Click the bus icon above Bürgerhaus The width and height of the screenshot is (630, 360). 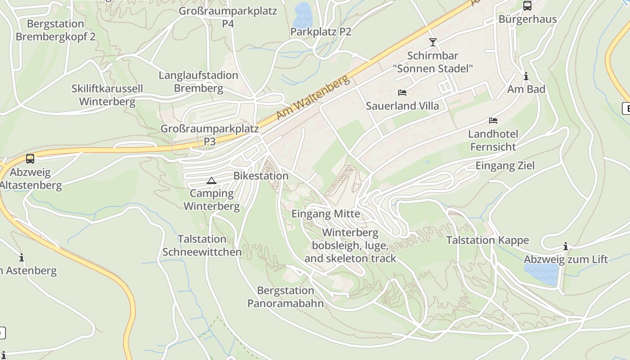527,6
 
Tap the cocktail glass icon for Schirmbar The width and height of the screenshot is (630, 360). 432,42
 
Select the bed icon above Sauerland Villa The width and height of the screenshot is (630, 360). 402,93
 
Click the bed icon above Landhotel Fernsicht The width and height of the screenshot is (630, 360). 493,121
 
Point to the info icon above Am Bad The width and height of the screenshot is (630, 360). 526,76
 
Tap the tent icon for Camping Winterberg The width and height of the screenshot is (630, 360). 211,181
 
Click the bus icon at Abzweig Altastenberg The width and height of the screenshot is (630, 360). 30,159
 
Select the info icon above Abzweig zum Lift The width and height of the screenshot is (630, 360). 566,246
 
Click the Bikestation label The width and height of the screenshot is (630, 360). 261,176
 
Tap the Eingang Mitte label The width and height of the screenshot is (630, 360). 326,214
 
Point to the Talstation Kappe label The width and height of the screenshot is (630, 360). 487,240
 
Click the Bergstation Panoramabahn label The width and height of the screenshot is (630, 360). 285,297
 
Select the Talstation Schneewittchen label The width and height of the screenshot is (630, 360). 202,245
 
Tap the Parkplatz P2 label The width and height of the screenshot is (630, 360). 320,32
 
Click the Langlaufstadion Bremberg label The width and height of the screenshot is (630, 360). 198,81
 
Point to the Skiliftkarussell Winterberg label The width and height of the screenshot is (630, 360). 107,95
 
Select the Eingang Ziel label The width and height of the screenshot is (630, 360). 505,166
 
